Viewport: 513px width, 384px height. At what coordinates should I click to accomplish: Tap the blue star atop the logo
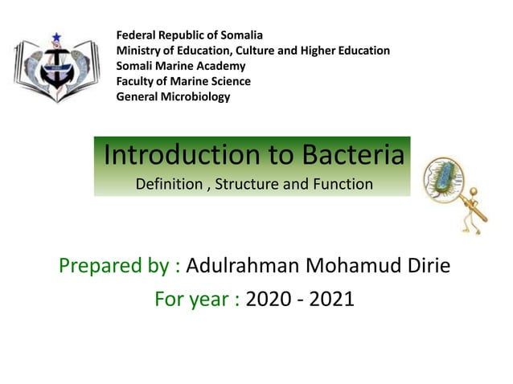coord(56,37)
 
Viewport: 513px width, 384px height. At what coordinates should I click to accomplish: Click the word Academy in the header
coord(222,66)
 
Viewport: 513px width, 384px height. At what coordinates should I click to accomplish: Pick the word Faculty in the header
coord(137,81)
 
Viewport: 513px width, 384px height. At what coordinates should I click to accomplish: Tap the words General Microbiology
coord(173,97)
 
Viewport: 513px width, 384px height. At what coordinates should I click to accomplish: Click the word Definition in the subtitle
coord(169,185)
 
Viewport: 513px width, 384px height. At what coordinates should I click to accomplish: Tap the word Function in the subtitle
coord(342,185)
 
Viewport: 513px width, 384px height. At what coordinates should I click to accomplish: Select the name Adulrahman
coord(249,265)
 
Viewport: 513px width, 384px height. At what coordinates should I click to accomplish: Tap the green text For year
coord(197,300)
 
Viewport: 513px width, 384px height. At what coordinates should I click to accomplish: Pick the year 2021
coord(331,300)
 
